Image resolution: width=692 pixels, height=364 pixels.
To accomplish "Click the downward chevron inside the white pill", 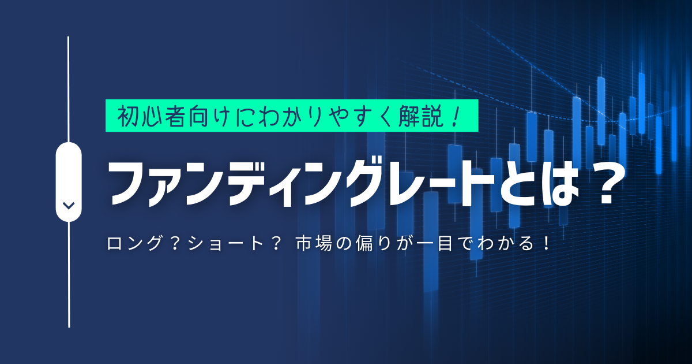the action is point(69,206).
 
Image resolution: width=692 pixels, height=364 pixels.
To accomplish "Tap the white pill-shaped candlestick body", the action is point(69,181).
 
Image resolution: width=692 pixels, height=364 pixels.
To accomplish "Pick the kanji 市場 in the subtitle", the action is point(314,243).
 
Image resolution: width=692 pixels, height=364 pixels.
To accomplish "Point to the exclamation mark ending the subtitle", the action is point(547,243).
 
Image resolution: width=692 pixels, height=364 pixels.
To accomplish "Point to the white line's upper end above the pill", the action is point(68,37).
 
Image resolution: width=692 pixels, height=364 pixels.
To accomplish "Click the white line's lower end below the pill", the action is point(69,327).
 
